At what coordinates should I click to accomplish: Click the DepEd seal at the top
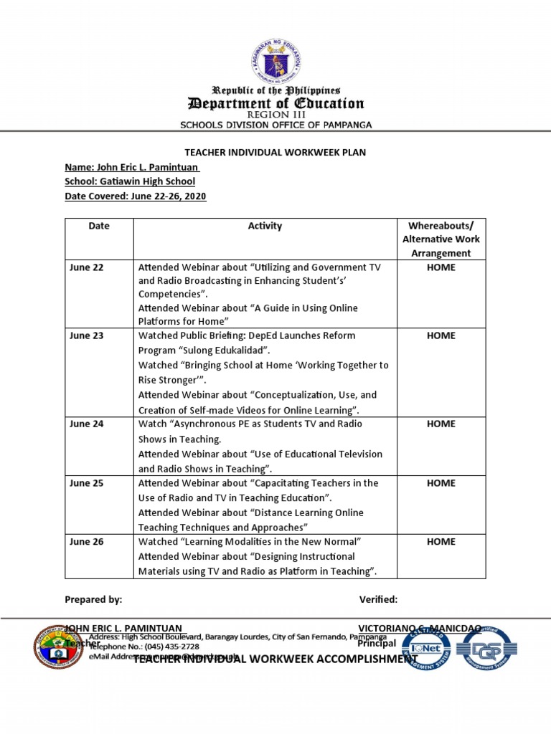[276, 61]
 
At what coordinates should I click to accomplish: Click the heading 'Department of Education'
[275, 103]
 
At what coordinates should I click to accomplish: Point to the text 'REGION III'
[275, 115]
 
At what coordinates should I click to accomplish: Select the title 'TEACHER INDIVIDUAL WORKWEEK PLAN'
[275, 152]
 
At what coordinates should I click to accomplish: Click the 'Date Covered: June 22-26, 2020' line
[136, 196]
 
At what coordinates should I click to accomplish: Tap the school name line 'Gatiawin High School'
[130, 181]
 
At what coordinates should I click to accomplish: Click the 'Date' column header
[99, 226]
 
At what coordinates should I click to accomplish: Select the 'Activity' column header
[265, 226]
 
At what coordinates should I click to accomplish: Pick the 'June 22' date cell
[87, 267]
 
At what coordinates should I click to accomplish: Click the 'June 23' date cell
[87, 335]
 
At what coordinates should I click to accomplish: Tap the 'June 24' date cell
[87, 424]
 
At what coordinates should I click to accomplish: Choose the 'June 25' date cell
[87, 483]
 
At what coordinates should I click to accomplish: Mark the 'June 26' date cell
[87, 542]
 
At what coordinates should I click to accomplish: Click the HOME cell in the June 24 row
[441, 424]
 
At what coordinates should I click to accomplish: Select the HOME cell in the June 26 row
[441, 542]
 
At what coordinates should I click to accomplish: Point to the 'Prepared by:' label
[93, 599]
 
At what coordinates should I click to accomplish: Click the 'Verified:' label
[378, 599]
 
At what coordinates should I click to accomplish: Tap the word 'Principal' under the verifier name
[377, 643]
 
